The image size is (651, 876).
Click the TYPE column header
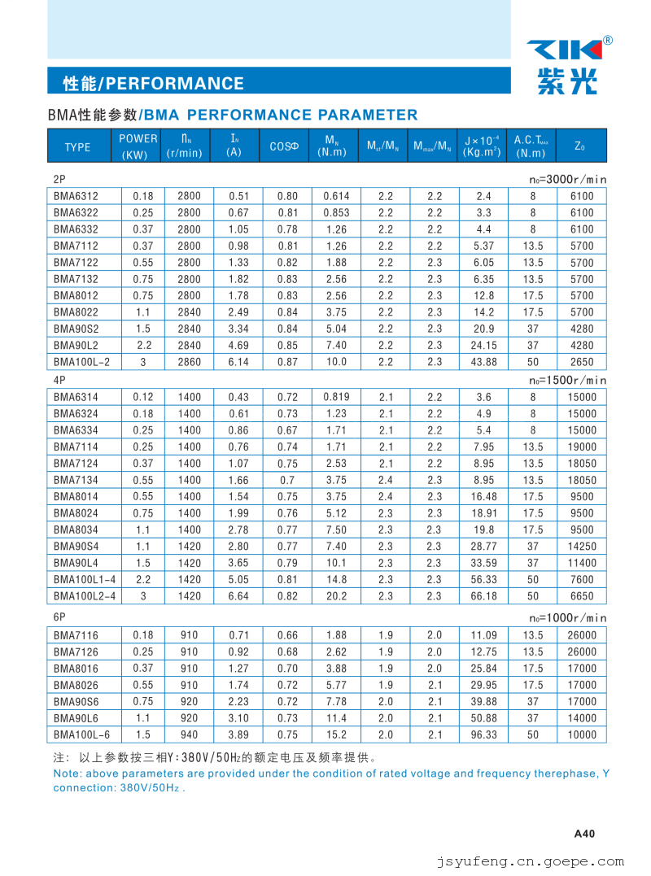click(x=77, y=147)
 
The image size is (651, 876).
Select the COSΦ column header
click(x=285, y=147)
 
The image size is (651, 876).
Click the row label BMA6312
click(x=76, y=196)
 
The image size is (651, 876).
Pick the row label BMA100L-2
click(x=81, y=362)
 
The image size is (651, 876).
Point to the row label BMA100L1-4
click(x=85, y=579)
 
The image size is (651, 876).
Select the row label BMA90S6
click(x=76, y=701)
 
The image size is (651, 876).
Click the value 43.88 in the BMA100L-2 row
click(x=483, y=362)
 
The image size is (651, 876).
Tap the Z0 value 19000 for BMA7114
click(x=582, y=447)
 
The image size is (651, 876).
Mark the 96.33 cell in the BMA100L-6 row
click(x=483, y=734)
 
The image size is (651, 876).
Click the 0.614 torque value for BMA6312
click(x=336, y=196)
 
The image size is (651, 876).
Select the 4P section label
click(x=59, y=380)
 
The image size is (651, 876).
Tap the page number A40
click(x=585, y=833)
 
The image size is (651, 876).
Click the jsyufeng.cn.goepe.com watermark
click(x=531, y=861)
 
